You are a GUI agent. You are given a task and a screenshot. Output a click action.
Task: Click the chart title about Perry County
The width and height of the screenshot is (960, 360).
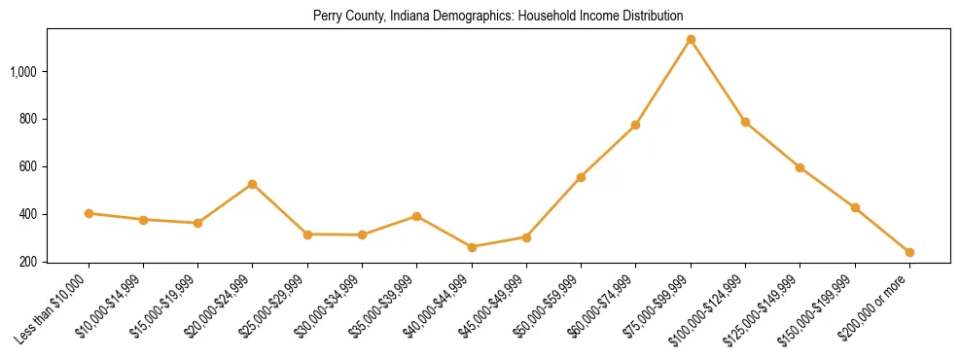(x=498, y=17)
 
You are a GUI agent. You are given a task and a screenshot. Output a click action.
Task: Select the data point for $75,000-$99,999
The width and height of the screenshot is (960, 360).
(x=691, y=40)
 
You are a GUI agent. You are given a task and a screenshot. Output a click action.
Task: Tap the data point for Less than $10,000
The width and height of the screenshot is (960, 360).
(x=89, y=213)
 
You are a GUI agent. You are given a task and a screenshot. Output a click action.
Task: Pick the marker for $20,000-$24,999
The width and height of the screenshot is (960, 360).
(x=253, y=184)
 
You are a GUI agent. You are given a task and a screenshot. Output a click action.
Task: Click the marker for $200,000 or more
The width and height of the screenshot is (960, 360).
(x=909, y=252)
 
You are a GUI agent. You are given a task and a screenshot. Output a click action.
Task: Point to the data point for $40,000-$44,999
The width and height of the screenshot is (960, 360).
(x=472, y=247)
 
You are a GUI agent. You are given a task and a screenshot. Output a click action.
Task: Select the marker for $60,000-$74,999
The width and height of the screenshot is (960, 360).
(x=635, y=125)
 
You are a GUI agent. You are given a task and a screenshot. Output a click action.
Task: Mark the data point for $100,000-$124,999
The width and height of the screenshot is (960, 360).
(x=745, y=122)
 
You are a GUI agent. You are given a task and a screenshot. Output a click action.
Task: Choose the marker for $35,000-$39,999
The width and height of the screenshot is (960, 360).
(x=416, y=216)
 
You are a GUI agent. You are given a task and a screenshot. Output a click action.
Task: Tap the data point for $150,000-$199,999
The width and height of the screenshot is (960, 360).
(x=855, y=207)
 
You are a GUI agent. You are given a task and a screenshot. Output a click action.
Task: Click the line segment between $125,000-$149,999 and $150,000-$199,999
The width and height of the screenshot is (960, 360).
(x=828, y=188)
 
